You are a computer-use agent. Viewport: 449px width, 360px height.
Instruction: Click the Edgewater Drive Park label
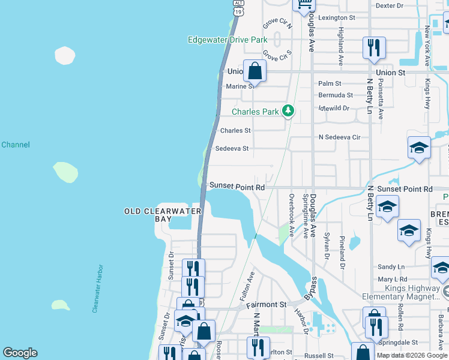tap(227, 40)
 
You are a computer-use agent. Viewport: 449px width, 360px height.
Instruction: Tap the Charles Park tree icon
tap(289, 111)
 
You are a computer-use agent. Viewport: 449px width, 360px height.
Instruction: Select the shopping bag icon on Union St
tap(255, 70)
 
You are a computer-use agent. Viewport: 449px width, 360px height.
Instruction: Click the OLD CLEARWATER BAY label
tap(163, 215)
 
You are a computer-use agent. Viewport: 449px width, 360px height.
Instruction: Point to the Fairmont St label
tap(267, 305)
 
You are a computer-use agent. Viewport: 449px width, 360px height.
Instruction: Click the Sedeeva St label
tap(232, 148)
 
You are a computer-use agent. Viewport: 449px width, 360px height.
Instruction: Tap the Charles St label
tap(235, 130)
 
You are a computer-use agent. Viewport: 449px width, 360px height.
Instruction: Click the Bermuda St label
tap(335, 95)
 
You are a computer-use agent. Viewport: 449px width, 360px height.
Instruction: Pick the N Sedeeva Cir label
tap(339, 137)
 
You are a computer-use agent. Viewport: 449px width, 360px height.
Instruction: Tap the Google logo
tap(20, 353)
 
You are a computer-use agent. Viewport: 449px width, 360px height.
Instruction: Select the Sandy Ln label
tap(391, 267)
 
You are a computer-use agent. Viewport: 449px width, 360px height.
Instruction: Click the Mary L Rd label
tap(392, 279)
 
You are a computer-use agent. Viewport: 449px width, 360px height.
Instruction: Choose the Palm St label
tap(330, 83)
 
